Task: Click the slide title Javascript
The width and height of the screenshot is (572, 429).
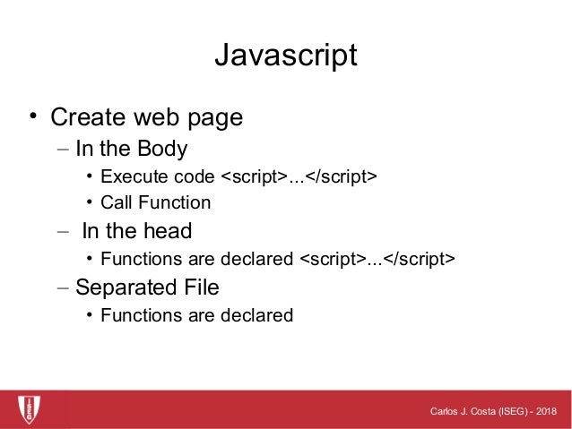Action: [285, 55]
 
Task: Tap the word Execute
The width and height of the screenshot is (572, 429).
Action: [131, 176]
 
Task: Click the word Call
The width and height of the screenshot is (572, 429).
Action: [116, 202]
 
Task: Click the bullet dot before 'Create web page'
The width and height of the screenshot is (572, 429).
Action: [31, 116]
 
